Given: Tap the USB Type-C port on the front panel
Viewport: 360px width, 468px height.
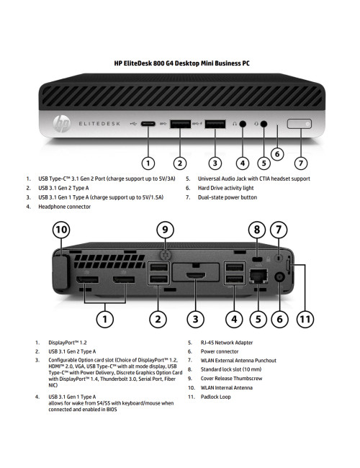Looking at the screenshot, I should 148,124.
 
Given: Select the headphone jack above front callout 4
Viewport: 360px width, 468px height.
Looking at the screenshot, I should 243,124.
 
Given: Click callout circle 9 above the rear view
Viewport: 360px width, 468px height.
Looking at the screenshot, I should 165,230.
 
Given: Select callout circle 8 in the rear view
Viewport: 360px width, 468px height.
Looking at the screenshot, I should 256,230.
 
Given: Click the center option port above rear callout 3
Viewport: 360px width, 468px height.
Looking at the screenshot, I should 194,276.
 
